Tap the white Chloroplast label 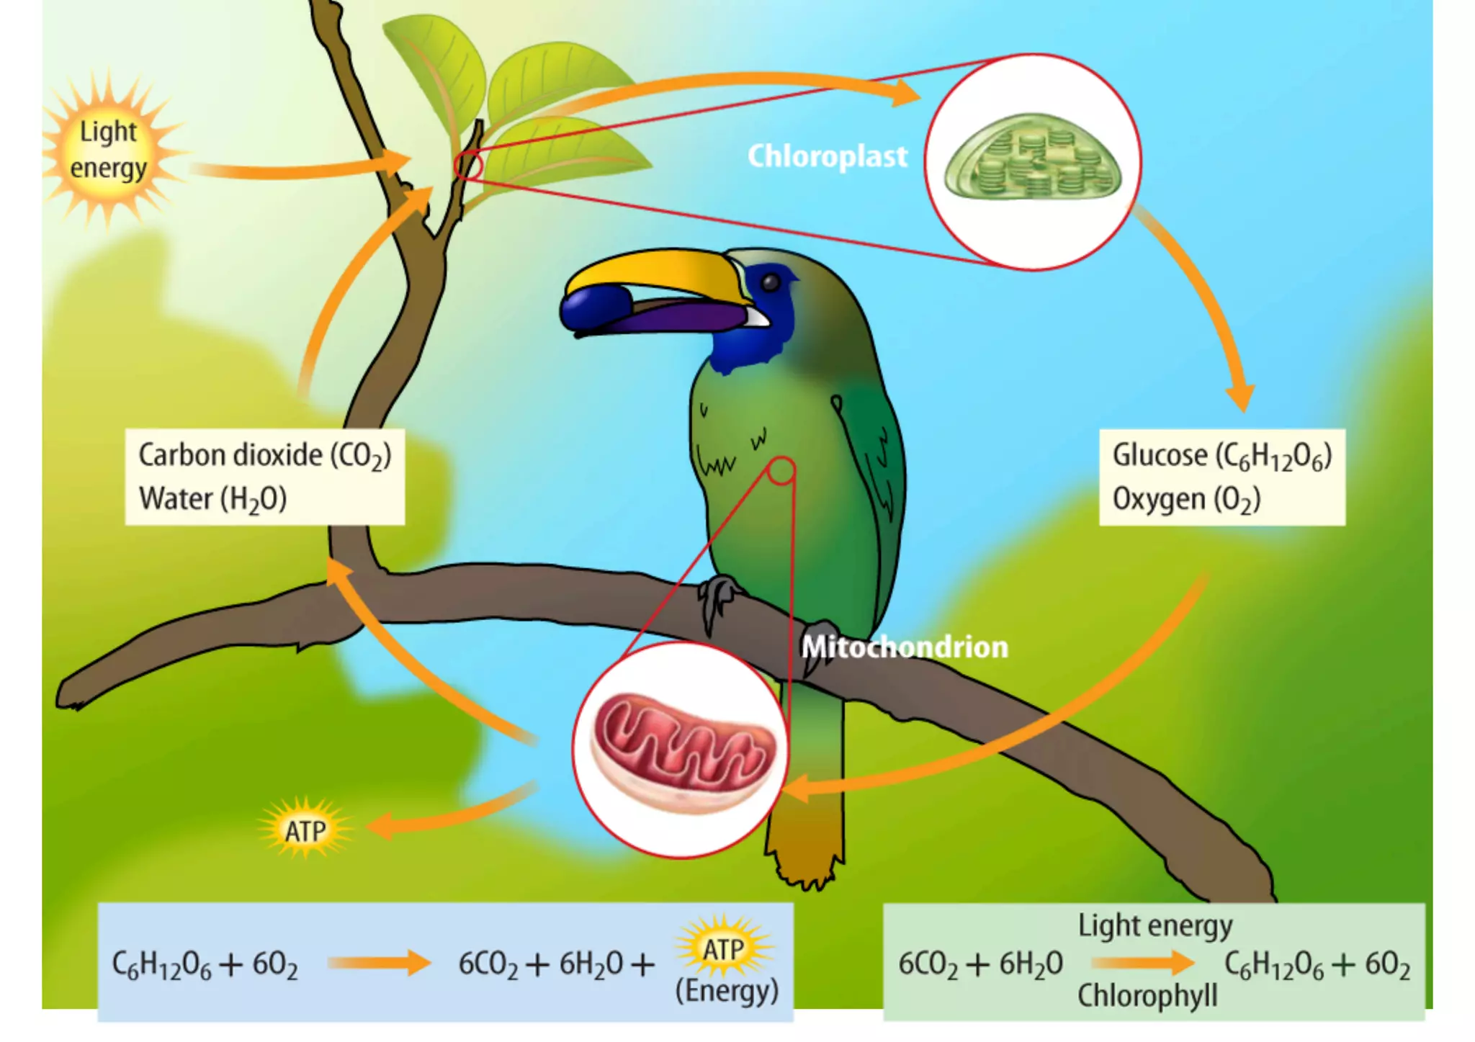pyautogui.click(x=827, y=156)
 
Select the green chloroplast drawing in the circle pyautogui.click(x=1033, y=158)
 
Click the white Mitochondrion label pyautogui.click(x=905, y=647)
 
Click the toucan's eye pyautogui.click(x=770, y=282)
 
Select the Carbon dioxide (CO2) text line pyautogui.click(x=264, y=456)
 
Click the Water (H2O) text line pyautogui.click(x=212, y=499)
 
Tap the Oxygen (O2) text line pyautogui.click(x=1186, y=499)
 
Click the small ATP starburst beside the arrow pyautogui.click(x=305, y=830)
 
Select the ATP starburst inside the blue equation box pyautogui.click(x=724, y=948)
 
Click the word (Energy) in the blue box pyautogui.click(x=726, y=991)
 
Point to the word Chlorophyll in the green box pyautogui.click(x=1147, y=996)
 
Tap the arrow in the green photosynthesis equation pyautogui.click(x=1142, y=962)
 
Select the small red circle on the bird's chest pyautogui.click(x=781, y=471)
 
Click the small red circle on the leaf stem pyautogui.click(x=468, y=165)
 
